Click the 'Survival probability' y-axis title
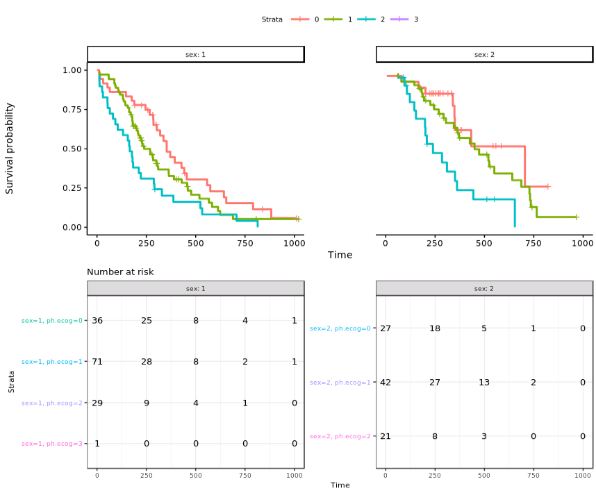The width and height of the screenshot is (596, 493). (x=10, y=148)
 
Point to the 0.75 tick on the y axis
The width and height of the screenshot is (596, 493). (x=72, y=110)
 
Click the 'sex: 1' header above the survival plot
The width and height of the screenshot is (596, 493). (x=195, y=54)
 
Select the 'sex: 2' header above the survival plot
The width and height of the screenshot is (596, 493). (x=484, y=54)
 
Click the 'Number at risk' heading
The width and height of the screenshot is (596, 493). (x=120, y=271)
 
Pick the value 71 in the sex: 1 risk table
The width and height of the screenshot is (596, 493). (x=97, y=362)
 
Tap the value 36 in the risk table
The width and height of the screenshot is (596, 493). (x=97, y=321)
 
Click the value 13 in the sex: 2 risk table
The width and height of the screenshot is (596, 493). (x=484, y=382)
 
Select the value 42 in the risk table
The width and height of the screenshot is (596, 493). (x=386, y=382)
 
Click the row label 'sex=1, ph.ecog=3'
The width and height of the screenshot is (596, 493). (x=52, y=444)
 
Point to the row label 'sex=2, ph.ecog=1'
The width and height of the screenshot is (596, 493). (x=340, y=383)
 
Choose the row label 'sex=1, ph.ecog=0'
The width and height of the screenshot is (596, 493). (x=52, y=321)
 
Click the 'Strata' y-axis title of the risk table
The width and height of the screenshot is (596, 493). (x=12, y=381)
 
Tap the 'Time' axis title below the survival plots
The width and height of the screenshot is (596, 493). (x=340, y=255)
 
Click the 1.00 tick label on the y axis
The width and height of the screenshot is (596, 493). (x=72, y=70)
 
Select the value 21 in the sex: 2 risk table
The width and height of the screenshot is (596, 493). (x=386, y=436)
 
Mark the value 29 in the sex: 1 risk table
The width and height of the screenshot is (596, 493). (x=97, y=403)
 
